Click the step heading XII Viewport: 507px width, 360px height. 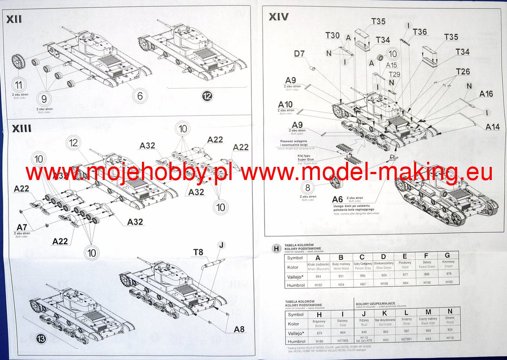14,19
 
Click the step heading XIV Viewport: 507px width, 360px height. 279,17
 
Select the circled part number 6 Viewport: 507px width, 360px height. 140,96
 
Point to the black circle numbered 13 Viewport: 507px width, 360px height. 41,339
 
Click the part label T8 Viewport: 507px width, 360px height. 198,253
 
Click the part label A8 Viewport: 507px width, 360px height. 239,330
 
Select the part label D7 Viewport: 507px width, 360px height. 299,54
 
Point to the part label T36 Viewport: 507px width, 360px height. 420,32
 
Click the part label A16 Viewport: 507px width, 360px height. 486,94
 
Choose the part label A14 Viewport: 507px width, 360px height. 492,126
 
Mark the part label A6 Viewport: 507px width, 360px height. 337,199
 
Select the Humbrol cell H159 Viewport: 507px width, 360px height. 383,283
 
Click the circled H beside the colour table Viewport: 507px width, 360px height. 276,249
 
